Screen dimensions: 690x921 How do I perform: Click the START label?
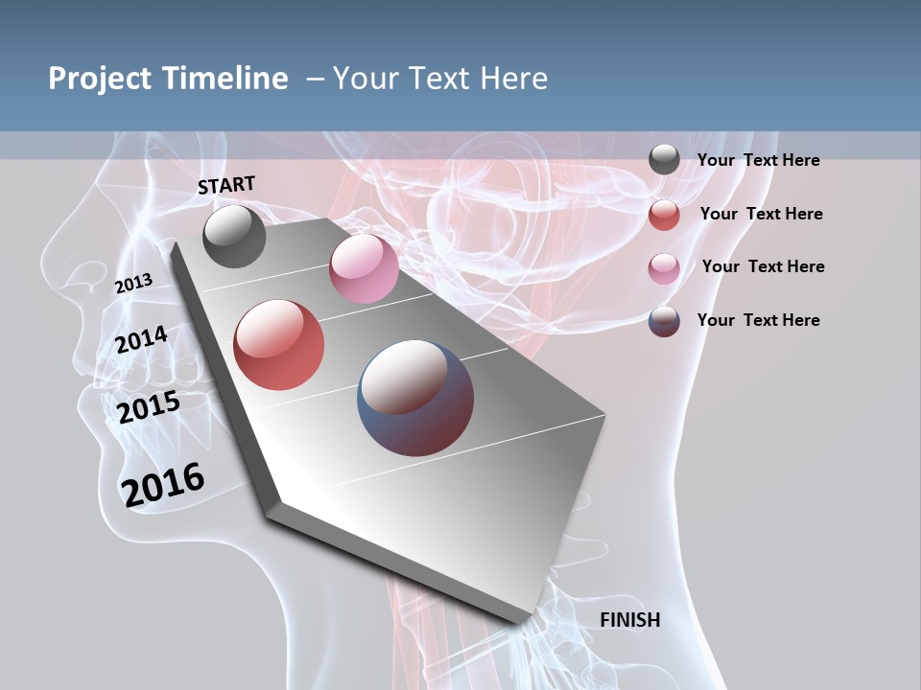(x=226, y=185)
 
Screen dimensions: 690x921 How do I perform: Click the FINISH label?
(x=630, y=620)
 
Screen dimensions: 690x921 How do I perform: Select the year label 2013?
(x=133, y=284)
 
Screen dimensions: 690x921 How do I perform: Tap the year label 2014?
(x=141, y=339)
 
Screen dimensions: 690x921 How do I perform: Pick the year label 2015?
(x=148, y=406)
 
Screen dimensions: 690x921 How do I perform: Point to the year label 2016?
(x=163, y=484)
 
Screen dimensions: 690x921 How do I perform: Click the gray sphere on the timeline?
(x=234, y=236)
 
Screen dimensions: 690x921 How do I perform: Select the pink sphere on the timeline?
(x=364, y=268)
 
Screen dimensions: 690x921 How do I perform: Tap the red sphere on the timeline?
(x=278, y=345)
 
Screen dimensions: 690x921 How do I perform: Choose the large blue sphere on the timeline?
(x=415, y=398)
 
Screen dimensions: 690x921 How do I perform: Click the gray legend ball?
(x=664, y=160)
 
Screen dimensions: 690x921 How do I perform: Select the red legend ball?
(x=664, y=215)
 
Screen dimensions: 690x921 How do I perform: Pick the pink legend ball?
(x=664, y=268)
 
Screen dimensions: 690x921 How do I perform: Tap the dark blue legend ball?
(x=664, y=321)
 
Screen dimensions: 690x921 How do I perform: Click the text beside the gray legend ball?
(x=758, y=160)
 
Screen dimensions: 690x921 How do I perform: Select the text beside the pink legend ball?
(x=763, y=266)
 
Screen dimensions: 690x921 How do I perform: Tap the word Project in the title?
(x=99, y=79)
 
